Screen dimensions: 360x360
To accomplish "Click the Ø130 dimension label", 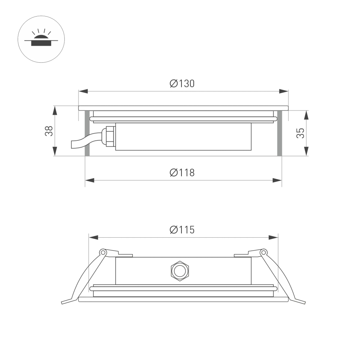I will (x=182, y=84).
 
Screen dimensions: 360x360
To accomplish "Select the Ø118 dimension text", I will (x=182, y=173).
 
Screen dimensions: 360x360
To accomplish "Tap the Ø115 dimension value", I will (x=182, y=230).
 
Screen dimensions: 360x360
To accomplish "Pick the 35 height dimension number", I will (x=301, y=133).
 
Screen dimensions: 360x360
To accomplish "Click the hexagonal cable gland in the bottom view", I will (x=179, y=271).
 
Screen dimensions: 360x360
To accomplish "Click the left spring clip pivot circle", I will (x=103, y=252).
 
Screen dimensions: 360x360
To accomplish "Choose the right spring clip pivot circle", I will (x=263, y=252).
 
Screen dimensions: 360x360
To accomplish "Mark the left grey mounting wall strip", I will (x=87, y=133).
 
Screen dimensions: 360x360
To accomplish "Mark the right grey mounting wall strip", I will (x=279, y=133).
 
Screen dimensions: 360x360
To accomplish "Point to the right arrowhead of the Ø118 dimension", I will (x=278, y=180).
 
